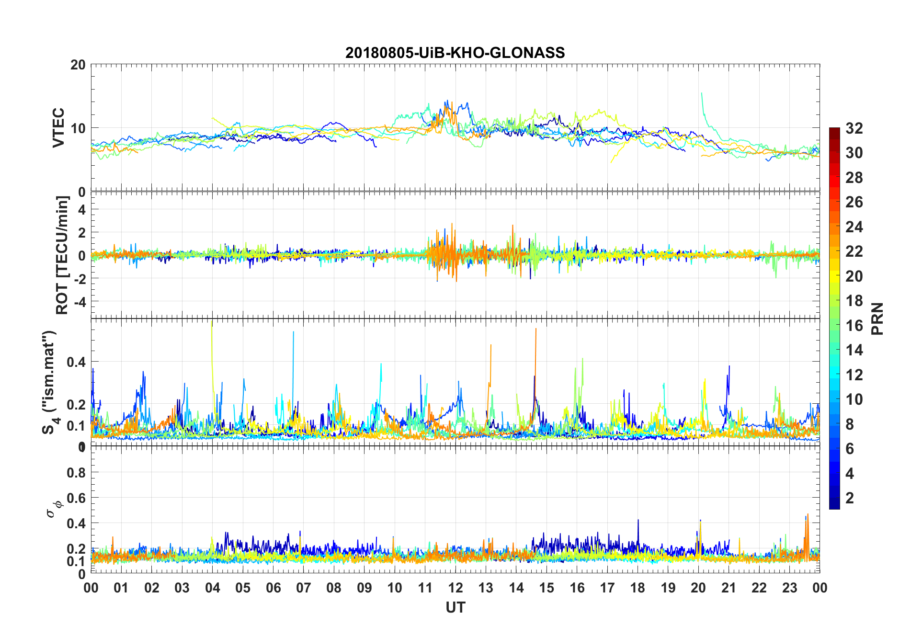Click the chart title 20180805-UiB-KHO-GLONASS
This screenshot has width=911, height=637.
[x=455, y=53]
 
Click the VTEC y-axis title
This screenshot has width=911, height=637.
[x=58, y=127]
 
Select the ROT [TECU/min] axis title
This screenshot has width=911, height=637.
[x=62, y=255]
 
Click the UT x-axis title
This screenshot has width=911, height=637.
[x=455, y=608]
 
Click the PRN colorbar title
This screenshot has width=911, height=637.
[x=877, y=318]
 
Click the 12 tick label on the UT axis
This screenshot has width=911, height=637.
[x=455, y=588]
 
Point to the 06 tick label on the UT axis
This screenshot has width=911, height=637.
[x=273, y=588]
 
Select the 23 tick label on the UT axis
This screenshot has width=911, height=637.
[x=789, y=588]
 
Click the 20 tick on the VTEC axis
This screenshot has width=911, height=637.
[x=78, y=65]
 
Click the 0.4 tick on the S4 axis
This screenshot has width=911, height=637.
[x=77, y=362]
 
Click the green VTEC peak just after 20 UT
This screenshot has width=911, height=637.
[x=702, y=95]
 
